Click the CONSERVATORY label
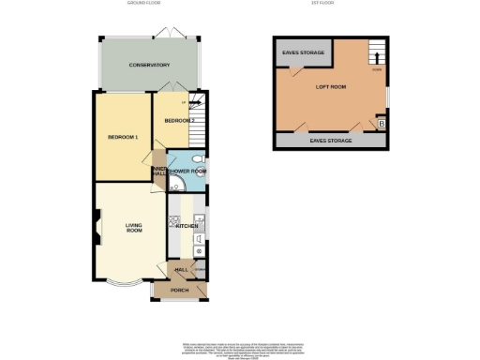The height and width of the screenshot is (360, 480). coord(150,66)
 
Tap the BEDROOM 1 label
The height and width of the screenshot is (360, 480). coord(123,138)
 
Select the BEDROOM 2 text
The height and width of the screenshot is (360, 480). coord(178,121)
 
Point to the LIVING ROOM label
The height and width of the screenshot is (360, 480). coord(134,227)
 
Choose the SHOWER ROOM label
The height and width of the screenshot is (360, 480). coord(187,171)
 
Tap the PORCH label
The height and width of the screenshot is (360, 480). coord(180,291)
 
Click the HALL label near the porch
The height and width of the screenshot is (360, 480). coord(181,270)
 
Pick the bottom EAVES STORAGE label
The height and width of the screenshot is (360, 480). coord(331,139)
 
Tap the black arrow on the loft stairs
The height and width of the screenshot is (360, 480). coord(376,57)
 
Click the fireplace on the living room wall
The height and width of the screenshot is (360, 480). coord(97,226)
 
